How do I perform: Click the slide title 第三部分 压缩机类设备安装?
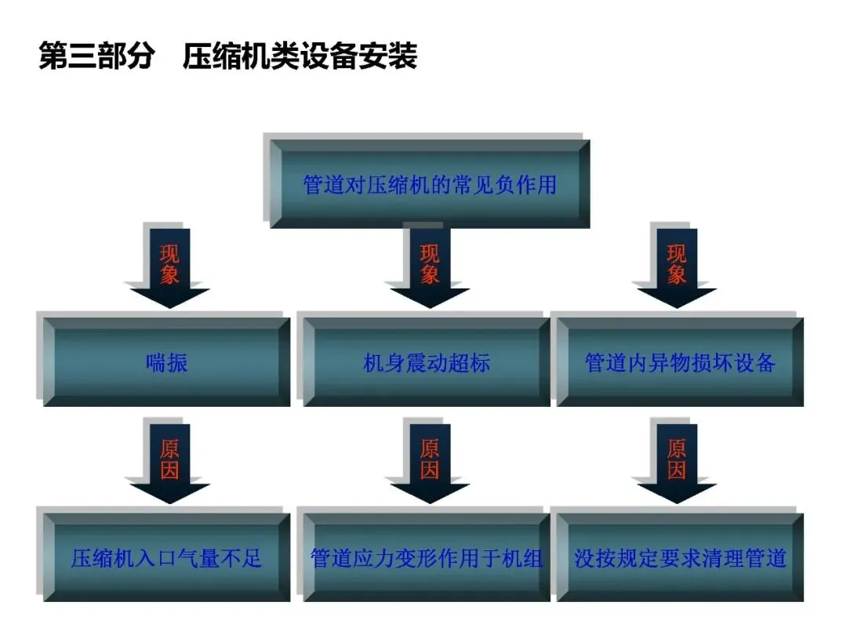[227, 56]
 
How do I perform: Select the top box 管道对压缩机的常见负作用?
[429, 184]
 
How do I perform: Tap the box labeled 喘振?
[167, 362]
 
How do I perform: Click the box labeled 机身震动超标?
[427, 362]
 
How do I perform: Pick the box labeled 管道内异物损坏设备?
[680, 362]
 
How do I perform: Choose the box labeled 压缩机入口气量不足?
[167, 558]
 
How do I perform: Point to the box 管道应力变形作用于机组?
[427, 558]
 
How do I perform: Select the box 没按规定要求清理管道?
[680, 558]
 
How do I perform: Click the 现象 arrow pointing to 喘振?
[169, 267]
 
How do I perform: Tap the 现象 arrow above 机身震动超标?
[430, 267]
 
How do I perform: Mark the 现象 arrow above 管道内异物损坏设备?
[676, 267]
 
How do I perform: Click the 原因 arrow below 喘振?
[169, 461]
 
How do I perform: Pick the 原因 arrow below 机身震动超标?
[430, 461]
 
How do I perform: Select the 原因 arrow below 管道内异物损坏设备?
[676, 461]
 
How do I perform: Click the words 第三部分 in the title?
[95, 56]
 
